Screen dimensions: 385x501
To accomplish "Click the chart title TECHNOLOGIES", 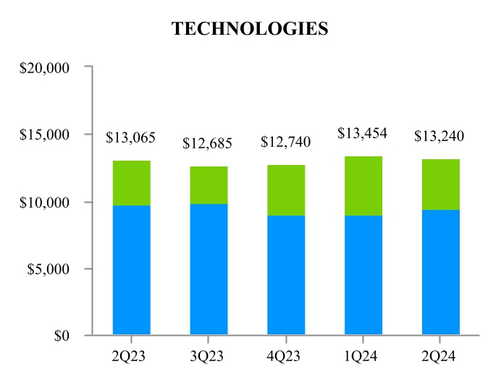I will coord(250,29).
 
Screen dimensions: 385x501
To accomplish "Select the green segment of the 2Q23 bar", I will coord(132,183).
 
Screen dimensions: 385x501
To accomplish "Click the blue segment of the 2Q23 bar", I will coord(132,270).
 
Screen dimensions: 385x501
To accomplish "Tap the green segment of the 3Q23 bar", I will coord(209,185).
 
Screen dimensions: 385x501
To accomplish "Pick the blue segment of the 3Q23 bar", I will coord(209,269).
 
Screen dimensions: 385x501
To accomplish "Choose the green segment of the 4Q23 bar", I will coord(286,190).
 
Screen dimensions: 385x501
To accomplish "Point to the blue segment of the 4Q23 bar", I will coord(286,275).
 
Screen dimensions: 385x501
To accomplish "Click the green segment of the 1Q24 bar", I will coord(363,186).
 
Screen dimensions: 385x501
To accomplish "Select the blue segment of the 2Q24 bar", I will coord(440,272).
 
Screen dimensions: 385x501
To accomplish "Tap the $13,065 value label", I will coord(131,137).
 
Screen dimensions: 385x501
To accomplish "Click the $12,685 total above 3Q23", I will coord(208,143).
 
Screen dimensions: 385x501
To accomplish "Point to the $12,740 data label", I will coord(285,142).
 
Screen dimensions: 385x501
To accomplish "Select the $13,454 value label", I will coord(363,133).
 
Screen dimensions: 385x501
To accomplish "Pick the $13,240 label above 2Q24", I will coord(439,136).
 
